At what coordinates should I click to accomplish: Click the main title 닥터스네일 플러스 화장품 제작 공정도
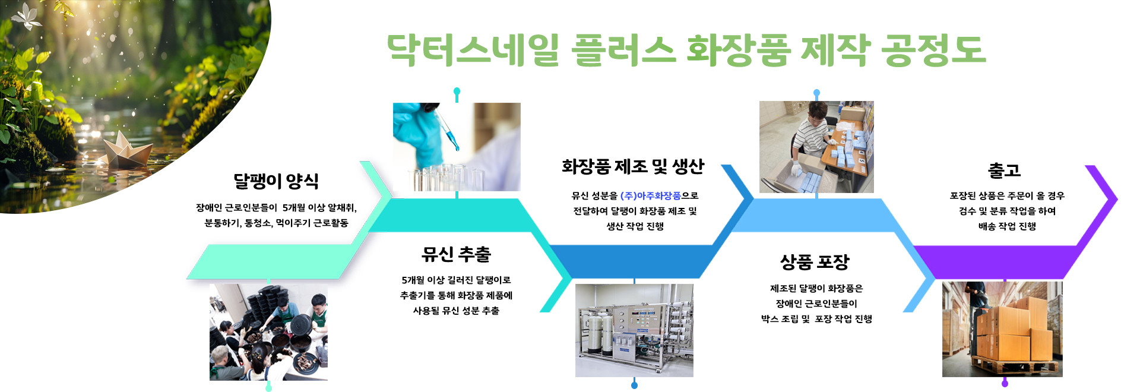(x=686, y=49)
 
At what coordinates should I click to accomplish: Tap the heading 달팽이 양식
(x=276, y=181)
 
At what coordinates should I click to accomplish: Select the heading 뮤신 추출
(x=456, y=255)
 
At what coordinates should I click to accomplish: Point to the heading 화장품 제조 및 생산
(x=633, y=167)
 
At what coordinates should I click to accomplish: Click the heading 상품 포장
(x=815, y=262)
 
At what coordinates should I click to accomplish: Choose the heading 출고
(x=1004, y=170)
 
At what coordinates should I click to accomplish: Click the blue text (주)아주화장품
(x=650, y=195)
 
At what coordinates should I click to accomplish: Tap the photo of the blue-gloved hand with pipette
(x=457, y=147)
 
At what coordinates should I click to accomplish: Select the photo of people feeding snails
(x=268, y=332)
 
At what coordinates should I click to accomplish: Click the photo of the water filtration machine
(x=634, y=330)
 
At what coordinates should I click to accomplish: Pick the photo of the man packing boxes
(x=816, y=147)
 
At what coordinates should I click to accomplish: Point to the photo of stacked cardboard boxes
(x=1002, y=329)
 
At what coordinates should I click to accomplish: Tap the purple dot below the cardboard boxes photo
(x=1005, y=384)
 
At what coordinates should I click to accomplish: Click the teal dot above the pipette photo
(x=457, y=91)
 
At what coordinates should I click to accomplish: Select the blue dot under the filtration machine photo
(x=634, y=385)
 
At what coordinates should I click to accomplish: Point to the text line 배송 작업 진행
(x=1007, y=226)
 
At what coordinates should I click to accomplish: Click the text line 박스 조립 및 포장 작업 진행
(x=816, y=319)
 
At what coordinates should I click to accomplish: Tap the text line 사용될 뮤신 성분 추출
(x=456, y=311)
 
